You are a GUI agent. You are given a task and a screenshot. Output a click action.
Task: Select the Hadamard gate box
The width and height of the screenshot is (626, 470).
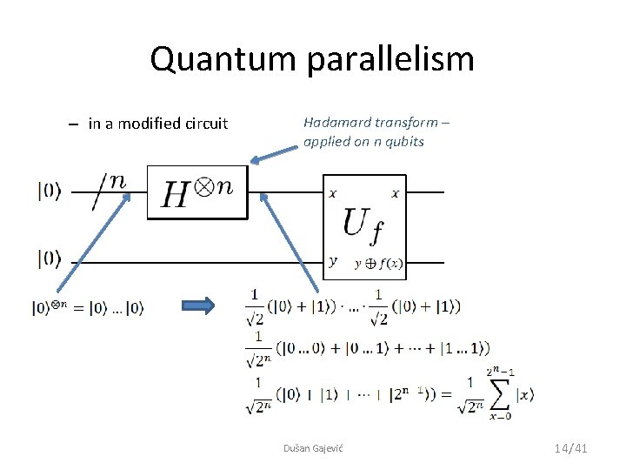coord(197,192)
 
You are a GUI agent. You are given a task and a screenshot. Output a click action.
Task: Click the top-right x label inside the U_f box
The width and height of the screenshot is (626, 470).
coord(396,193)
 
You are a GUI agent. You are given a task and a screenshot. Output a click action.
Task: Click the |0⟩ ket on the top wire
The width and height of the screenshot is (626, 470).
coord(50,191)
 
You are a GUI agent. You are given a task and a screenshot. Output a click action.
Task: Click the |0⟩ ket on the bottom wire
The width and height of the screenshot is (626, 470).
coord(50,258)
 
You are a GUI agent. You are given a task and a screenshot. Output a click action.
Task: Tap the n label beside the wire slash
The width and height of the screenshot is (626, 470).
coord(117,181)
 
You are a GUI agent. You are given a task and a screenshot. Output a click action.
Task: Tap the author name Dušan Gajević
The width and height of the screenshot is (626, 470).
coord(313,447)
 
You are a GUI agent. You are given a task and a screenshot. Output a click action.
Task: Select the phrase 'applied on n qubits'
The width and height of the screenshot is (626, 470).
coord(363,141)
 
